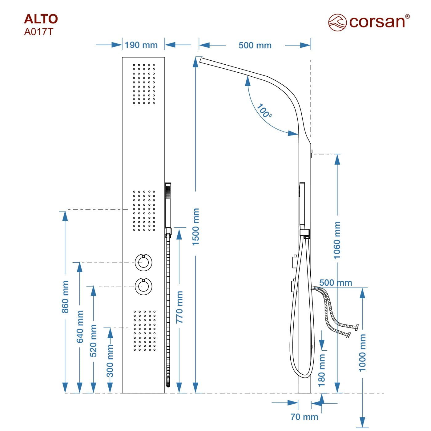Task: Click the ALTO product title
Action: (x=41, y=19)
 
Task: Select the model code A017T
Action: (x=39, y=32)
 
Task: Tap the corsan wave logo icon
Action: (x=337, y=22)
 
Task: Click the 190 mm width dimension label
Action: (x=141, y=45)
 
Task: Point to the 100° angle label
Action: (x=264, y=111)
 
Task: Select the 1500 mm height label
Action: (x=196, y=227)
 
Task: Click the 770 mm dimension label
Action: (x=179, y=307)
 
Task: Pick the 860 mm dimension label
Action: (x=65, y=297)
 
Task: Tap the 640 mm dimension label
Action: (x=80, y=326)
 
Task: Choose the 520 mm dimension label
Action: (x=93, y=341)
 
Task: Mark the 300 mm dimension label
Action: (x=110, y=361)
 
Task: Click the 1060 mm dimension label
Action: (x=337, y=240)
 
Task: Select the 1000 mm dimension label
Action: (x=363, y=353)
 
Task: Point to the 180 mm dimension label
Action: (x=322, y=370)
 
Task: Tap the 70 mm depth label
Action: (x=304, y=417)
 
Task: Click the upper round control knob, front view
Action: (x=143, y=263)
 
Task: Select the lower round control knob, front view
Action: (x=143, y=286)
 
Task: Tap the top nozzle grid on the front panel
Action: (x=144, y=84)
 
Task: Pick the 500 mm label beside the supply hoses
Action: (x=336, y=283)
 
